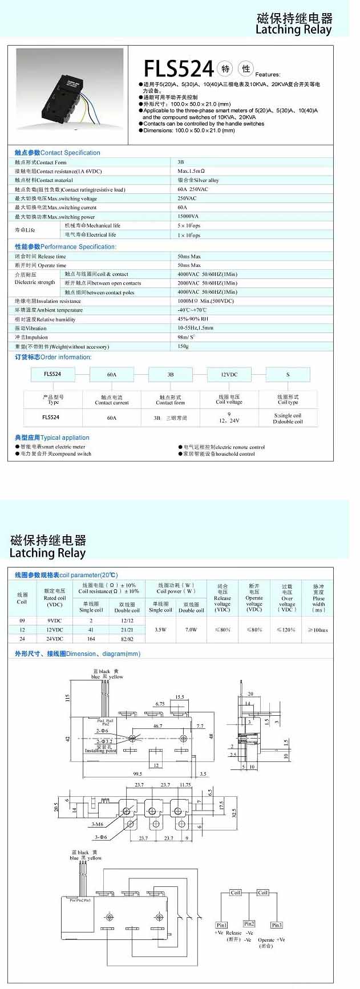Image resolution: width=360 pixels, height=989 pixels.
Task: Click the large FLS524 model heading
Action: (178, 69)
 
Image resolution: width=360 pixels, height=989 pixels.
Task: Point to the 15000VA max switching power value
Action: (188, 217)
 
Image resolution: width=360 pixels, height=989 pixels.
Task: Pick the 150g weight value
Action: (183, 346)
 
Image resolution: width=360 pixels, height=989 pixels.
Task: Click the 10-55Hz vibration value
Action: (195, 328)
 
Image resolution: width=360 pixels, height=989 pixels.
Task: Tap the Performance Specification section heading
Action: (66, 247)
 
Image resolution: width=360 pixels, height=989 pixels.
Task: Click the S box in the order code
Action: (288, 375)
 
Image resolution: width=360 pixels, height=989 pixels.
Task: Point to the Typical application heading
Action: (52, 437)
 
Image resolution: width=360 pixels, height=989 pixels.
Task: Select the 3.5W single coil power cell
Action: (161, 630)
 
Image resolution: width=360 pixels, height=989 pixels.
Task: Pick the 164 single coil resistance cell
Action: (91, 639)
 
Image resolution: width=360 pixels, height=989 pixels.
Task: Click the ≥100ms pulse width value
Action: (318, 630)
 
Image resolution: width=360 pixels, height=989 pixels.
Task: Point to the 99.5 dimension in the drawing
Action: (137, 774)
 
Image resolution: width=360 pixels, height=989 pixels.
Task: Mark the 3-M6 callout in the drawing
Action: (98, 824)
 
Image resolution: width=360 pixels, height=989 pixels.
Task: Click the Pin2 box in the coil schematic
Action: (249, 924)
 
